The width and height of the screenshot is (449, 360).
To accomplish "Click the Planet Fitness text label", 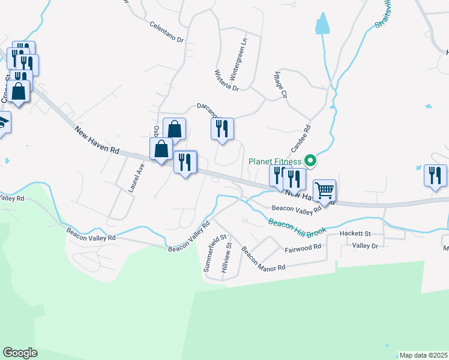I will point(276,161).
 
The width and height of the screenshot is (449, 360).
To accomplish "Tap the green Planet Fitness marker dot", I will point(310,160).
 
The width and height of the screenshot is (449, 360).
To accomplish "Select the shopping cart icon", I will point(324,191).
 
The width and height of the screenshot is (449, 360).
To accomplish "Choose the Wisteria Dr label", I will point(226,80).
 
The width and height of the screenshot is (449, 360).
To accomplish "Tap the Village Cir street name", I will point(281,86).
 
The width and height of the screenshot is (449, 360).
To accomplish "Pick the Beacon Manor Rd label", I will point(263,259).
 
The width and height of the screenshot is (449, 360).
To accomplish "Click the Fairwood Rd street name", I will point(303,247).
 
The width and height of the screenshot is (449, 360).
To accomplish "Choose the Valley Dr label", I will point(365,245).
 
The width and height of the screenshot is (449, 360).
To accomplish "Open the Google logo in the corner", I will point(20,353).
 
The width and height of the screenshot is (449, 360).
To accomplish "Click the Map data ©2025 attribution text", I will point(423,355).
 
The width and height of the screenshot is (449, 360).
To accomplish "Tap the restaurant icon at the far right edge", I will point(435,175).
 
